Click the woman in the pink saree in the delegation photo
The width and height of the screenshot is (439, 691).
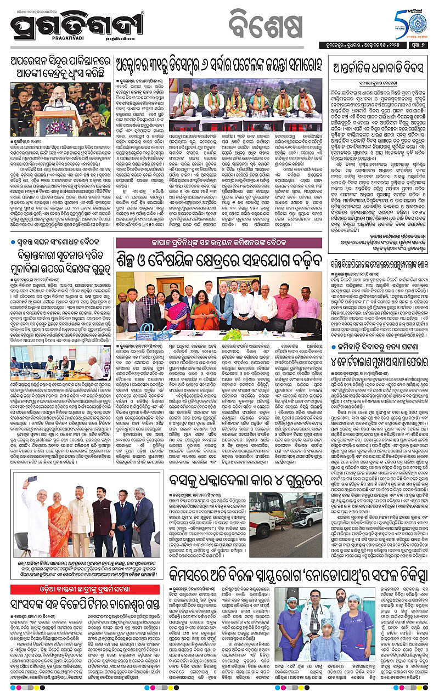pyautogui.click(x=176, y=315)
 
